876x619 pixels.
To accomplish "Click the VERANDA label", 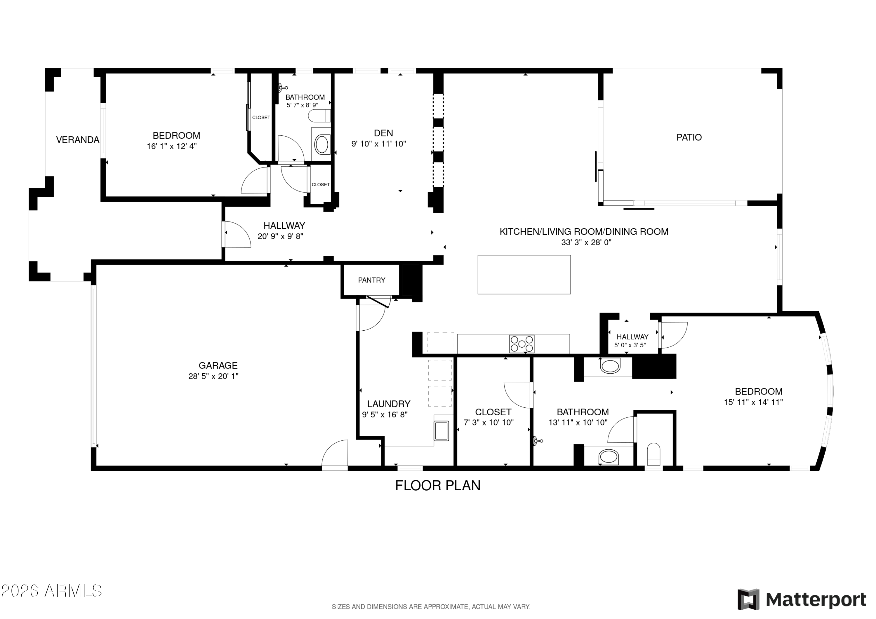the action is pyautogui.click(x=78, y=140).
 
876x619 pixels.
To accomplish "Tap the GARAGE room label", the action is pyautogui.click(x=218, y=366).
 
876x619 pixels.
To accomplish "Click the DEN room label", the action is pyautogui.click(x=383, y=133).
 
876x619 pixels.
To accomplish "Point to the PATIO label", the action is pyautogui.click(x=689, y=137).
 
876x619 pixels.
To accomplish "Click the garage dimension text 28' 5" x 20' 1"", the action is pyautogui.click(x=213, y=376).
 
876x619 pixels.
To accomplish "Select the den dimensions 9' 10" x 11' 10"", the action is pyautogui.click(x=378, y=144).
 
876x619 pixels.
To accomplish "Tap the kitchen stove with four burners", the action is pyautogui.click(x=522, y=343).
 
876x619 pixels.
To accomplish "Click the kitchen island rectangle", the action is pyautogui.click(x=524, y=275).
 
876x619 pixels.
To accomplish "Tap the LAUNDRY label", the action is pyautogui.click(x=389, y=404).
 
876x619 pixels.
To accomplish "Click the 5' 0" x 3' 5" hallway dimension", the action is pyautogui.click(x=630, y=346).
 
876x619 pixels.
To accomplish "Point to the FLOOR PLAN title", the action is pyautogui.click(x=438, y=486).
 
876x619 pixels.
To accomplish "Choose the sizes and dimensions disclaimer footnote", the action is pyautogui.click(x=431, y=606).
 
